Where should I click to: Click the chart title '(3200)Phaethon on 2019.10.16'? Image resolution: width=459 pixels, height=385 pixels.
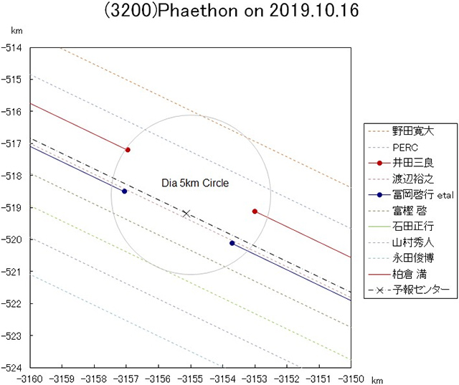pyautogui.click(x=229, y=13)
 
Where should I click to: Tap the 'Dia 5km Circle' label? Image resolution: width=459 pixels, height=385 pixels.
pyautogui.click(x=195, y=184)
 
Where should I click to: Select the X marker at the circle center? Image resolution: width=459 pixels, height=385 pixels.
pyautogui.click(x=186, y=213)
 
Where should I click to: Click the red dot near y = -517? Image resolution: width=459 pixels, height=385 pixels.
pyautogui.click(x=128, y=150)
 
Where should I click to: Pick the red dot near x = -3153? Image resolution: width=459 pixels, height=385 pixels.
pyautogui.click(x=255, y=211)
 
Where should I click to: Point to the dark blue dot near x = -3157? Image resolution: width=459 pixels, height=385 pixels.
pyautogui.click(x=124, y=191)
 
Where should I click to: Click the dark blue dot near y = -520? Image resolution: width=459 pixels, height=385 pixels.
pyautogui.click(x=232, y=243)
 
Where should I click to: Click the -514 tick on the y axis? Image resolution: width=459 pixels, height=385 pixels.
pyautogui.click(x=14, y=47)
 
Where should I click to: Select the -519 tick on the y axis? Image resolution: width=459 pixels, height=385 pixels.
pyautogui.click(x=14, y=207)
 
